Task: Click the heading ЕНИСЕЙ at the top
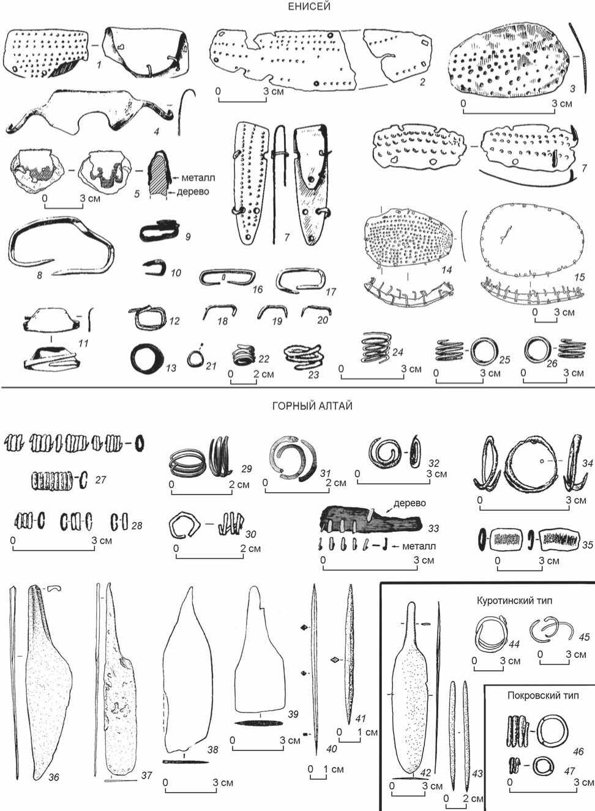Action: pyautogui.click(x=309, y=7)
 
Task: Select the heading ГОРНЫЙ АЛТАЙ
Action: pyautogui.click(x=312, y=405)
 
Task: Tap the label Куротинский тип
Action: pyautogui.click(x=514, y=600)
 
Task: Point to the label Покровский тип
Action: pyautogui.click(x=543, y=695)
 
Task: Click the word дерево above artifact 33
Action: pyautogui.click(x=410, y=503)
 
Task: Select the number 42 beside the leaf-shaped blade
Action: pyautogui.click(x=425, y=772)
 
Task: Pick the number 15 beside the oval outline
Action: pyautogui.click(x=580, y=277)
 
